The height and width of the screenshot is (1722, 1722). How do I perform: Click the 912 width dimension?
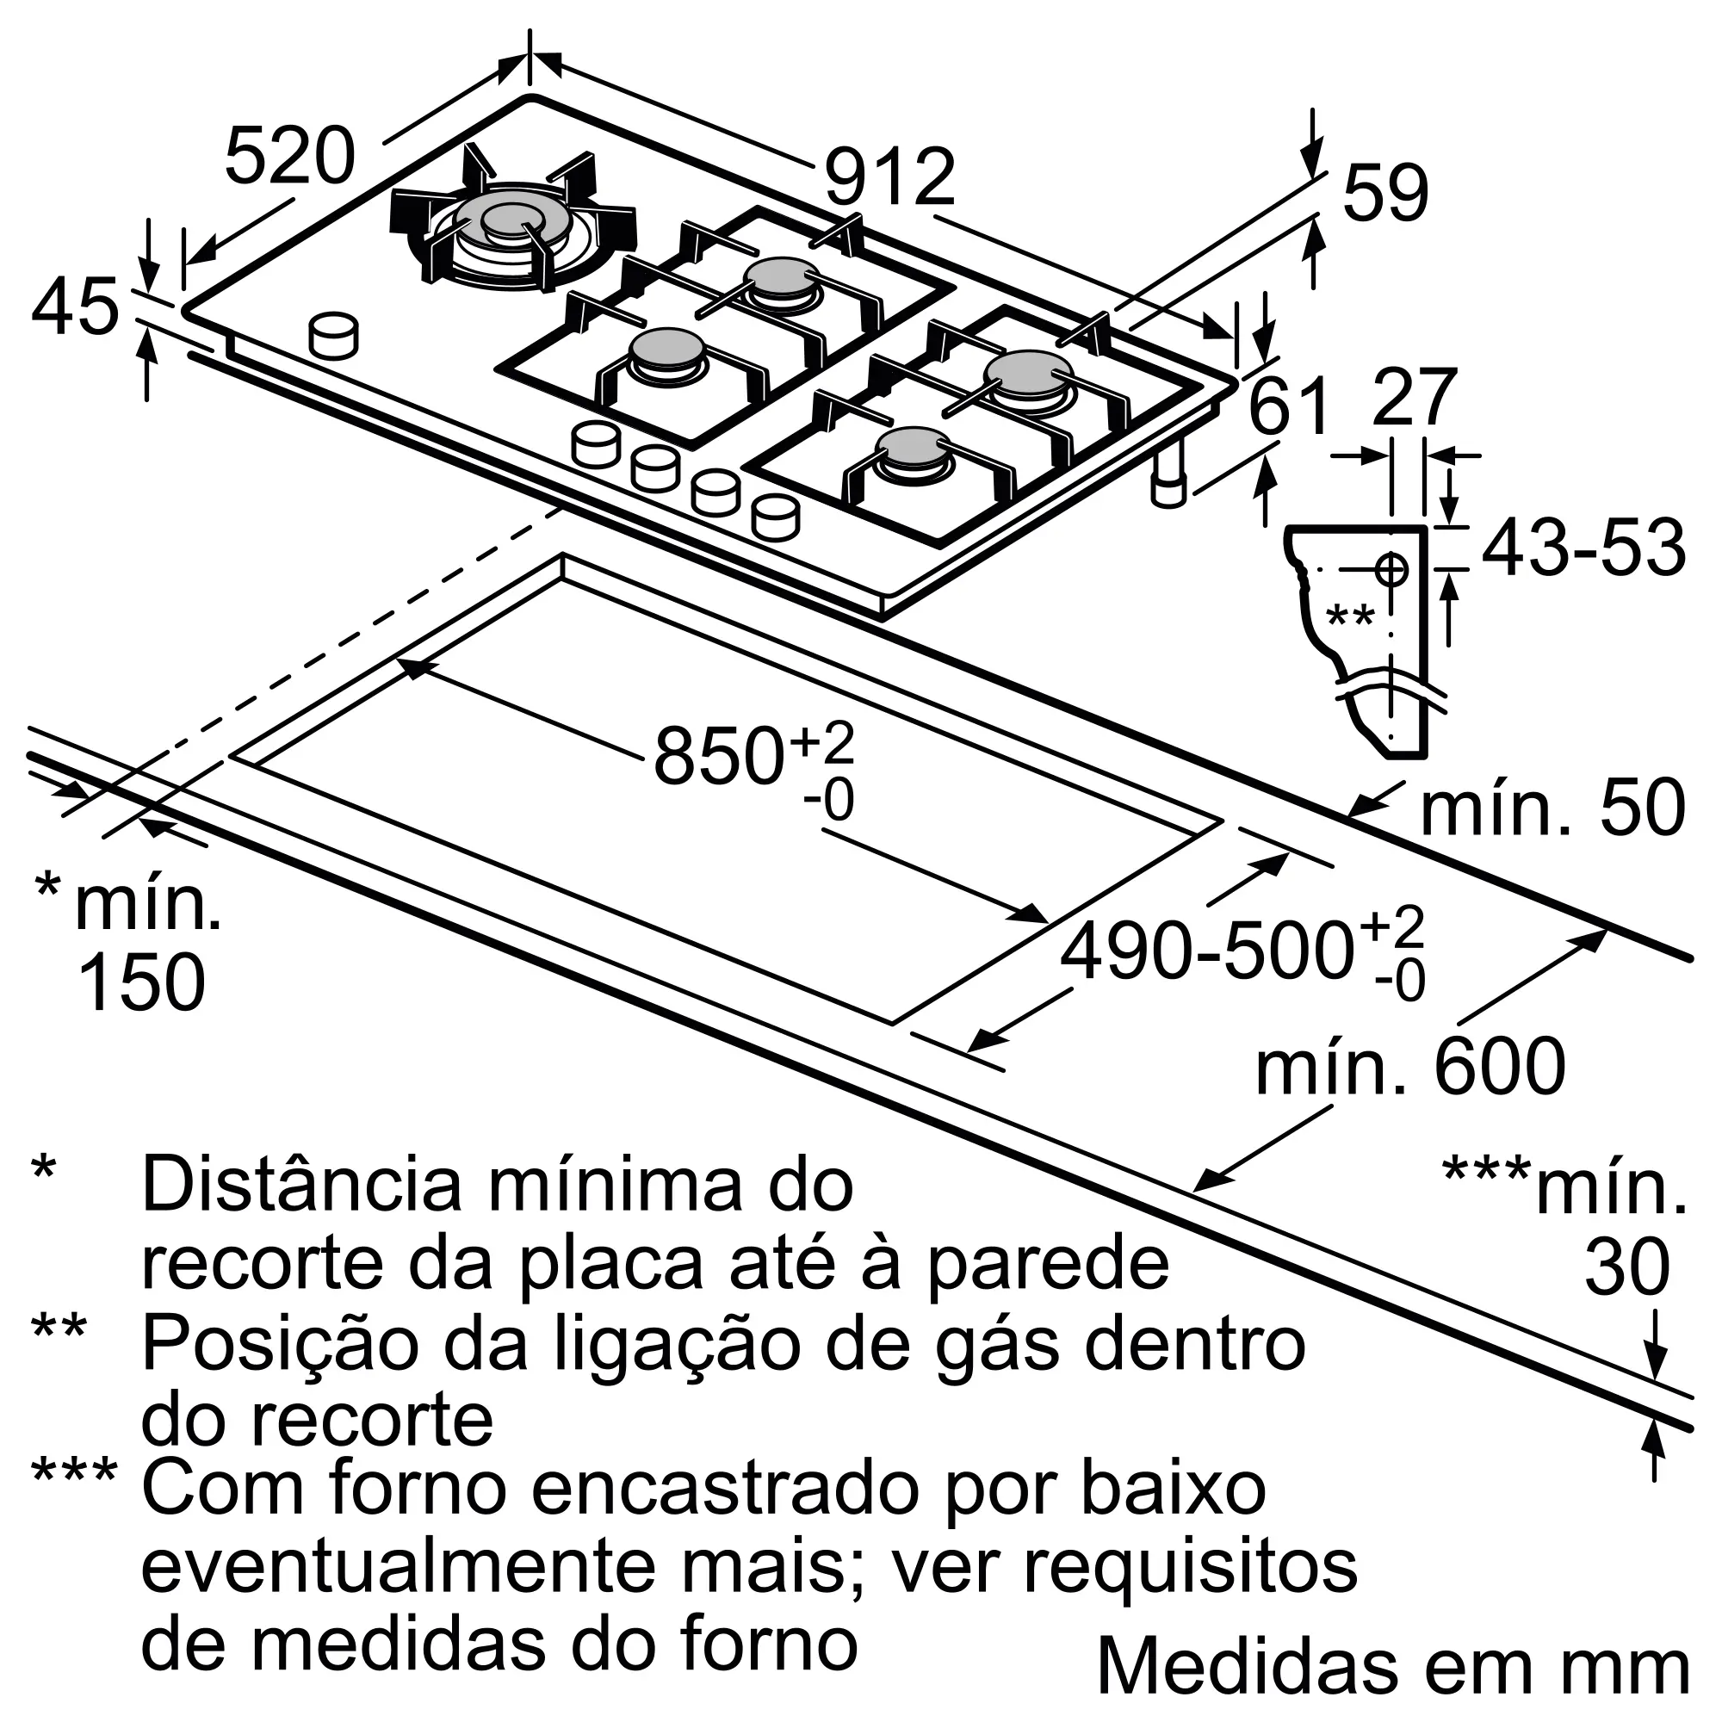[x=889, y=177]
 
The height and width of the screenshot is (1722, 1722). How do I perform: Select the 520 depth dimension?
[x=289, y=157]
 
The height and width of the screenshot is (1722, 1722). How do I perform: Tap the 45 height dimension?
[x=75, y=307]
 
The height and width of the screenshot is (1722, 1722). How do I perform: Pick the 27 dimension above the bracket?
[x=1414, y=397]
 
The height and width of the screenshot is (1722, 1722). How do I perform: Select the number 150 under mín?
[x=143, y=982]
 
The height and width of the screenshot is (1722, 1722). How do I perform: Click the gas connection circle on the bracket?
[x=1391, y=568]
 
